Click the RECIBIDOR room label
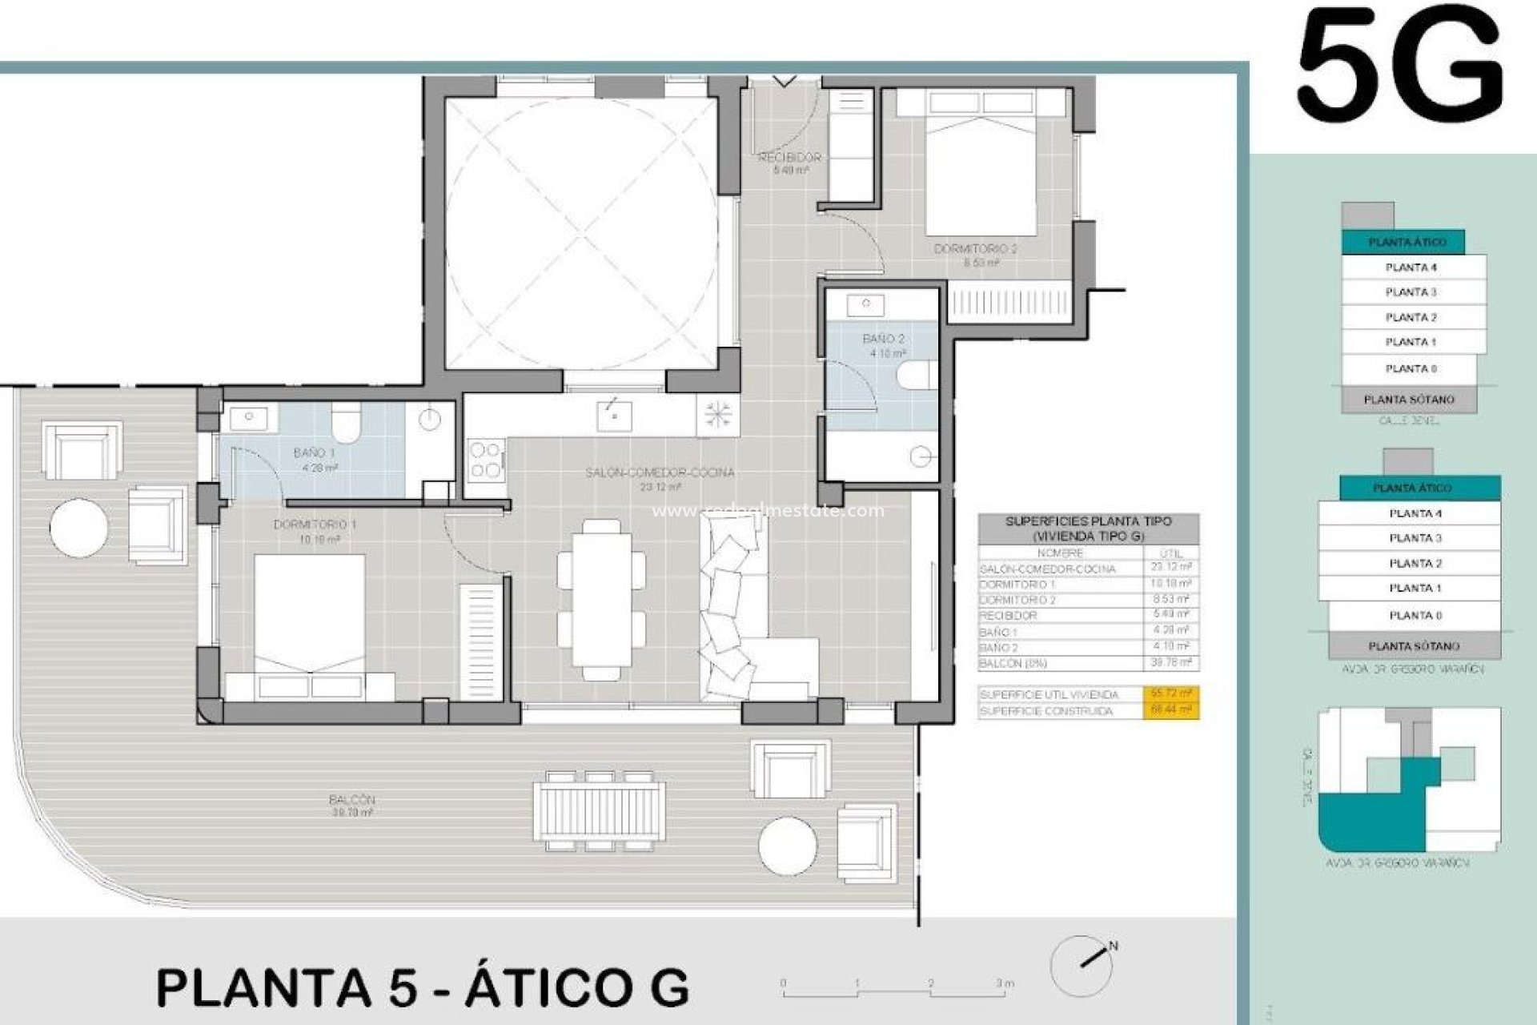(789, 158)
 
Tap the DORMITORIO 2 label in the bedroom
(975, 249)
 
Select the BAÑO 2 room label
(883, 339)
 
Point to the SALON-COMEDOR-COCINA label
(660, 472)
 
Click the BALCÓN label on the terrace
(351, 799)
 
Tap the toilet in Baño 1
(347, 422)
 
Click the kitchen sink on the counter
(614, 416)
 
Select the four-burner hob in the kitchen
(485, 460)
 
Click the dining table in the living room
(601, 600)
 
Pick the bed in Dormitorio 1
(310, 617)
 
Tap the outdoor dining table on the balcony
(600, 810)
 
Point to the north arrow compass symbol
(1083, 963)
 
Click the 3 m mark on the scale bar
(1005, 983)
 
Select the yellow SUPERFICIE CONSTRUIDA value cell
(1170, 710)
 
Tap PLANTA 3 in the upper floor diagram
(1412, 292)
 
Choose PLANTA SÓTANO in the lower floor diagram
(1413, 645)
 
